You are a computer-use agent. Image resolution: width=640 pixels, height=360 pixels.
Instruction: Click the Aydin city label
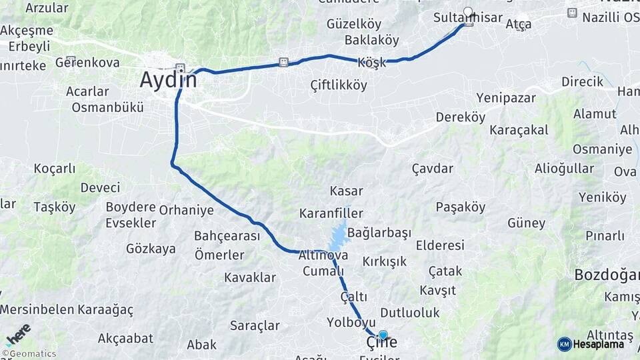click(x=168, y=80)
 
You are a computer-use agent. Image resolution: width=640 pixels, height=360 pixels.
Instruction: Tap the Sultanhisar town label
click(x=467, y=17)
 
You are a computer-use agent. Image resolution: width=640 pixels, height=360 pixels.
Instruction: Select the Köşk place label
click(x=372, y=62)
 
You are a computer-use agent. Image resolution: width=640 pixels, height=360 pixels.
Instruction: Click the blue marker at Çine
click(x=383, y=335)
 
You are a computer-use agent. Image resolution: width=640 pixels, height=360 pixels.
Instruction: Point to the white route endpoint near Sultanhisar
click(x=468, y=11)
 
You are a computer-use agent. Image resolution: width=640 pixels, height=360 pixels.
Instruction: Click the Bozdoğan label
click(x=607, y=275)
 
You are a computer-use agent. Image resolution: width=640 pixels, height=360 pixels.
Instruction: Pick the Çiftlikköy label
click(x=339, y=85)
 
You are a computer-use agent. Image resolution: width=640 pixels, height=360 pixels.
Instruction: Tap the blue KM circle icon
click(x=564, y=344)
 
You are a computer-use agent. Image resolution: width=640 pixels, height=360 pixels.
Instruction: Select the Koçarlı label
click(x=55, y=169)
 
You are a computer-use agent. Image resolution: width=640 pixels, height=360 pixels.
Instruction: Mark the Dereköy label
click(x=460, y=117)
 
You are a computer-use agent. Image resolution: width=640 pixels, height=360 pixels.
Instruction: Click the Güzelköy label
click(x=354, y=24)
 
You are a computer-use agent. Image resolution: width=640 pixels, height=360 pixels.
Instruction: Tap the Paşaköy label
click(x=461, y=207)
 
